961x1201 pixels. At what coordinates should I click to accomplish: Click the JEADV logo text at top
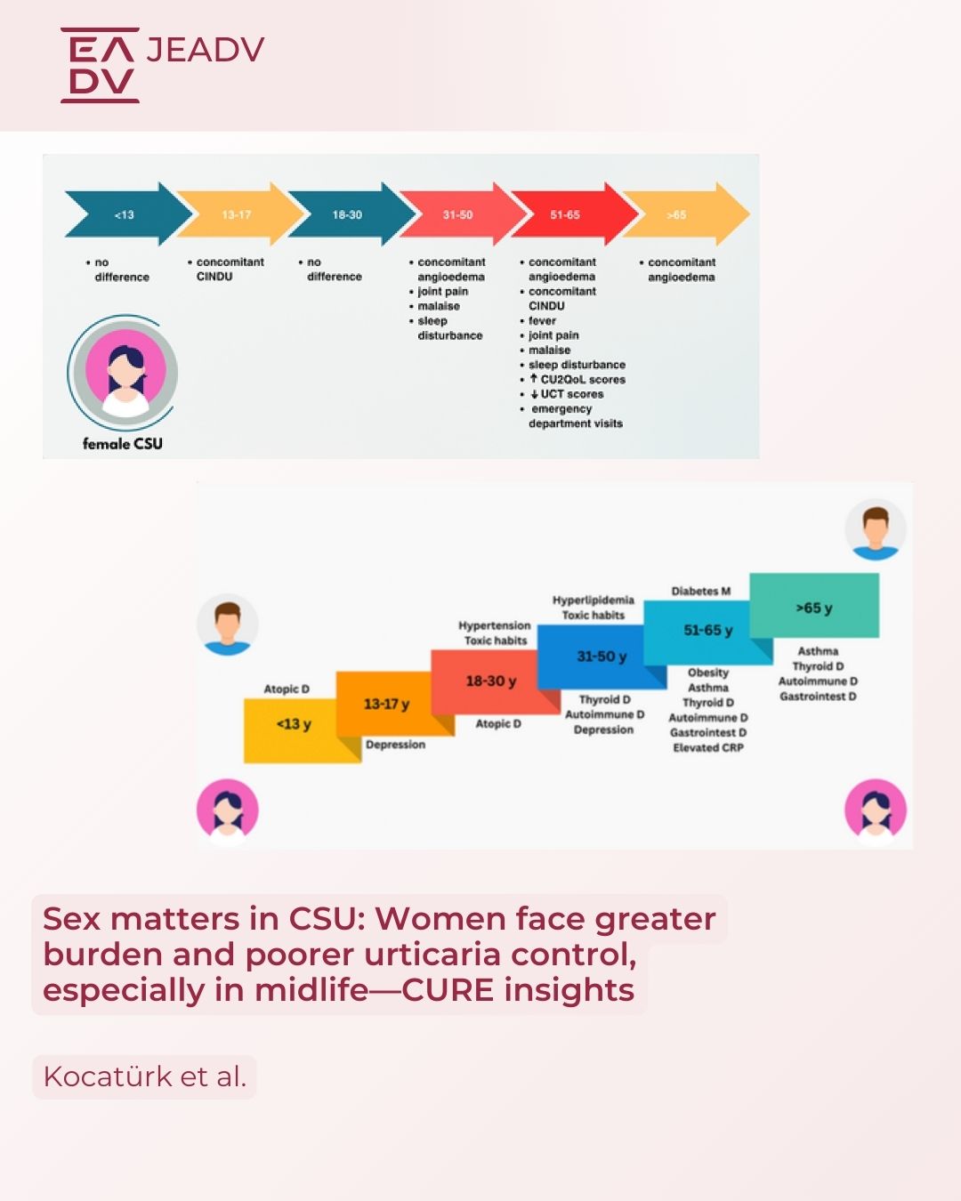(x=205, y=50)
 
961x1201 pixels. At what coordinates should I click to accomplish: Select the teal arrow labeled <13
(x=125, y=214)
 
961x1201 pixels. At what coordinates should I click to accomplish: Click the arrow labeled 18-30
(x=347, y=214)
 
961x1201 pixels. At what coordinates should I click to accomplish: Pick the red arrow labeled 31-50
(x=457, y=214)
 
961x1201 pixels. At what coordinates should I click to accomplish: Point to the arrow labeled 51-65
(x=565, y=214)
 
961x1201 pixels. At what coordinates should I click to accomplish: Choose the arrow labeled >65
(x=678, y=214)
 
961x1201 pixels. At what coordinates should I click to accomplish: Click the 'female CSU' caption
(x=123, y=443)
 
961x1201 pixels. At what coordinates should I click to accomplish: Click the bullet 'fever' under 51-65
(x=542, y=320)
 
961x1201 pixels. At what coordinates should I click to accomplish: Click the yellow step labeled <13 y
(x=294, y=724)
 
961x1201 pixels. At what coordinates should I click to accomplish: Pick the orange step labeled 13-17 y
(x=386, y=704)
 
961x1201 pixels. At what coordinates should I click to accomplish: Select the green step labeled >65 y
(x=814, y=608)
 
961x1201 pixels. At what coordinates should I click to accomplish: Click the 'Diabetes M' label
(x=701, y=591)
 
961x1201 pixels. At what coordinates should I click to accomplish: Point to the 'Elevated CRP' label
(x=708, y=747)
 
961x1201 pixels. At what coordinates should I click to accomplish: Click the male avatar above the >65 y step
(x=876, y=531)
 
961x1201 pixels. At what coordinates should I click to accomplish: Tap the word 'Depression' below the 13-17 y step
(x=395, y=745)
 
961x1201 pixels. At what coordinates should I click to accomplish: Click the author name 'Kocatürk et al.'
(x=145, y=1076)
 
